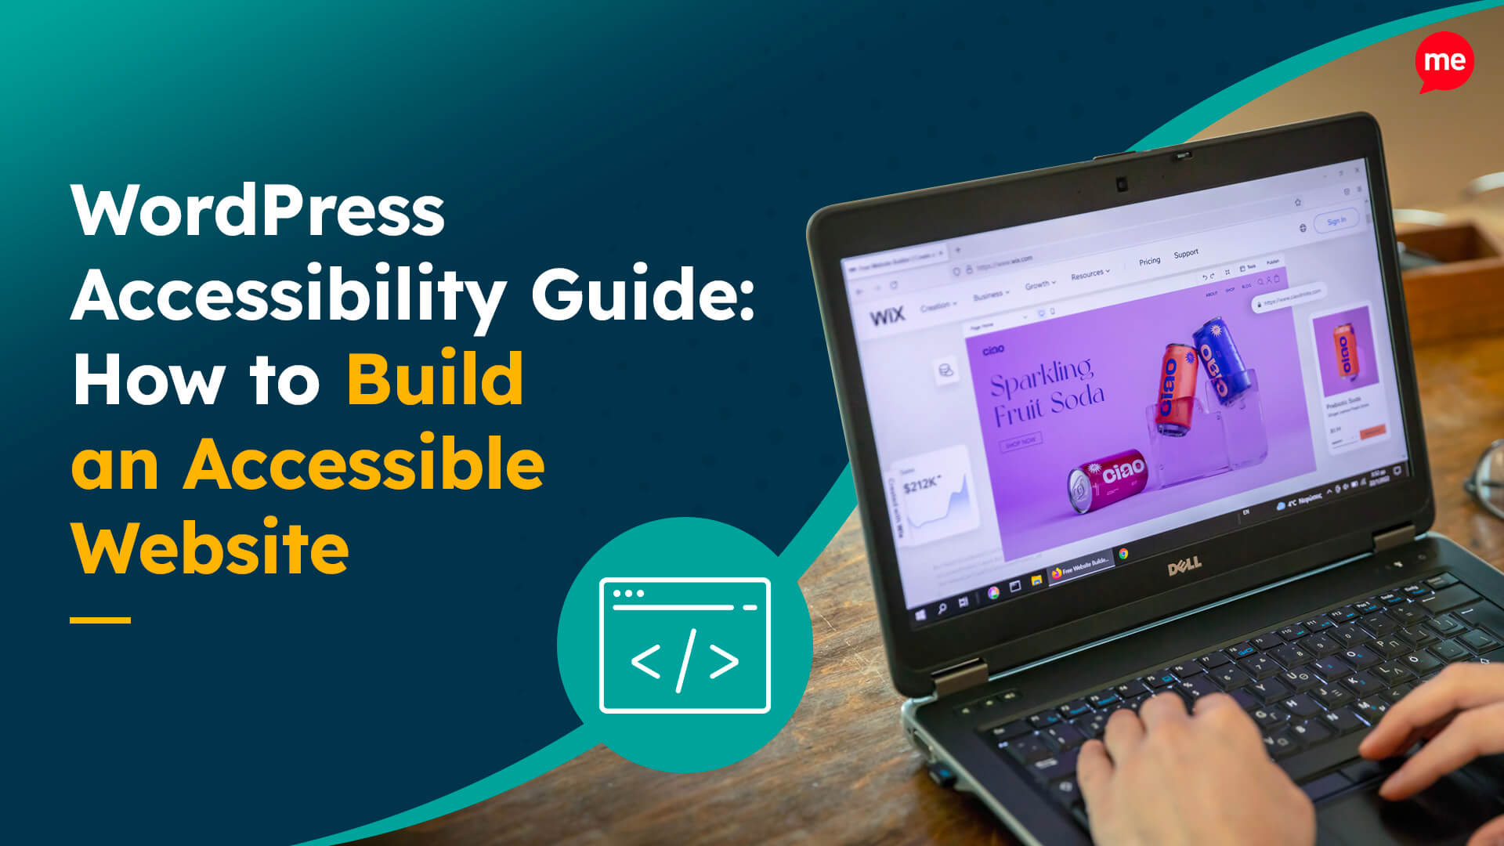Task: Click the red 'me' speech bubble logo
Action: click(x=1444, y=62)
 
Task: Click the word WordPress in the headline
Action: click(x=258, y=211)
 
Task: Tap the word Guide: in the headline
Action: click(x=642, y=296)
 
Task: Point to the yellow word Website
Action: click(x=210, y=548)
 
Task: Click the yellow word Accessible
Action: click(x=364, y=465)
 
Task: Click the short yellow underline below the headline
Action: click(x=100, y=620)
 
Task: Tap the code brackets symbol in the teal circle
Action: click(x=685, y=660)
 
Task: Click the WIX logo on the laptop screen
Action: click(x=887, y=316)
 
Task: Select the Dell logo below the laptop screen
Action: click(x=1184, y=566)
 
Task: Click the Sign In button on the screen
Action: click(x=1336, y=222)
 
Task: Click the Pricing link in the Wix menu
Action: click(x=1149, y=262)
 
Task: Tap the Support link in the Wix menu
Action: click(x=1186, y=254)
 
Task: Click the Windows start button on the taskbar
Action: click(x=920, y=615)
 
